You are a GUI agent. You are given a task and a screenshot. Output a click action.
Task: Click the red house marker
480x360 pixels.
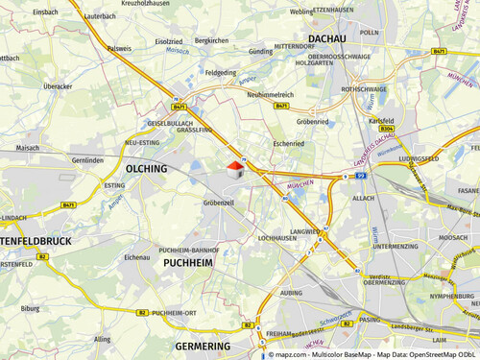[233, 169]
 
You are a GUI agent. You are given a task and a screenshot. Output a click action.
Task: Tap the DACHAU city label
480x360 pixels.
[325, 39]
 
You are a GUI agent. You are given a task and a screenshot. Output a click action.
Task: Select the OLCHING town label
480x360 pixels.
[147, 168]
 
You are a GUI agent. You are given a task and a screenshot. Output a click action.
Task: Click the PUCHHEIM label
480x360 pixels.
[187, 261]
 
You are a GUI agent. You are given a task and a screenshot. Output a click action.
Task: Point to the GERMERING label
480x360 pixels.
[204, 345]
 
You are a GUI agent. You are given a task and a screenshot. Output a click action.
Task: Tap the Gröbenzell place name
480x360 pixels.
[218, 204]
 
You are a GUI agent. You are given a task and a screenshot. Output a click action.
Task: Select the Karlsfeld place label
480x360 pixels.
[382, 121]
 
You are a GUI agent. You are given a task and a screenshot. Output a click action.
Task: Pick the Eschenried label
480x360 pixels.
[287, 143]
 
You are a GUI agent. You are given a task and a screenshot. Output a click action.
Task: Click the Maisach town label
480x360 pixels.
[28, 148]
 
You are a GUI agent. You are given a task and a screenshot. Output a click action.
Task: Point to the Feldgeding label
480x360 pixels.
[220, 72]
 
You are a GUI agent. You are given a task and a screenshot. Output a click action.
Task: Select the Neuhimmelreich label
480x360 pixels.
[270, 95]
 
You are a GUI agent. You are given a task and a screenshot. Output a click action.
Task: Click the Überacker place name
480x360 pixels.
[58, 85]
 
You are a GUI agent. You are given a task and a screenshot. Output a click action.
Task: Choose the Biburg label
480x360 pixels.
[31, 310]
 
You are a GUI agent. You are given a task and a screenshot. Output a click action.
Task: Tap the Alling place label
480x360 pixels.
[103, 339]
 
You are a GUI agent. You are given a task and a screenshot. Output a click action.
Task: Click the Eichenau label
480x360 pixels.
[137, 257]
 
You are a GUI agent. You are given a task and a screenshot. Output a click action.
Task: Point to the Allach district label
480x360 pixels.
[364, 197]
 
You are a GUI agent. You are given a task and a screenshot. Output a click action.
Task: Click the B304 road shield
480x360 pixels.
[387, 128]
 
